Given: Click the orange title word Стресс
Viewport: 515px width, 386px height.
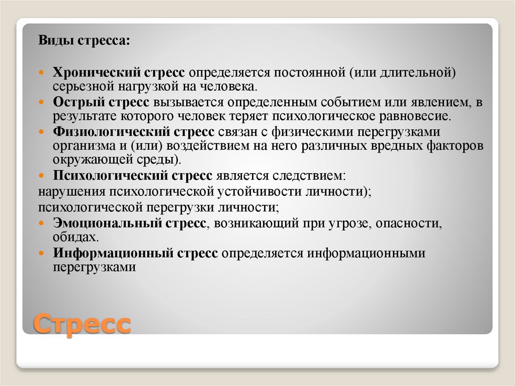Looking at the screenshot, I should coord(82,323).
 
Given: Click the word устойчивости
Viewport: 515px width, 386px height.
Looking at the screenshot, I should coord(257,192).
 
